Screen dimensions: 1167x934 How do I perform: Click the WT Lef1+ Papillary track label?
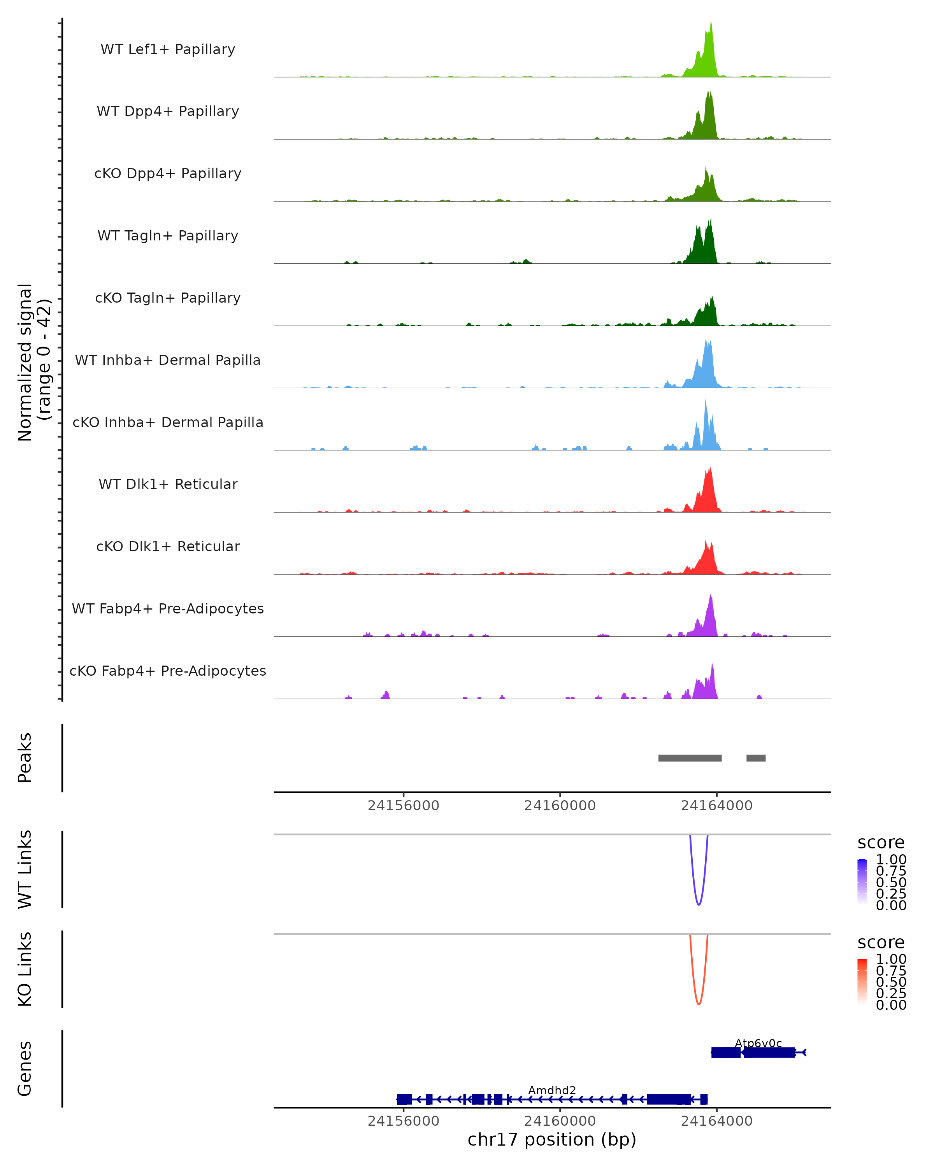(168, 49)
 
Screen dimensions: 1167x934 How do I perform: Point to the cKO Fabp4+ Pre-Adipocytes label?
(168, 671)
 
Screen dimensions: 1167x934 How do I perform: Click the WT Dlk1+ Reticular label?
(168, 484)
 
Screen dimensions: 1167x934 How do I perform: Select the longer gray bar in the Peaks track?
(690, 758)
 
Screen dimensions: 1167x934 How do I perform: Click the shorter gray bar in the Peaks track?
(756, 758)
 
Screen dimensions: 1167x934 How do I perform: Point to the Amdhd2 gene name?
(552, 1090)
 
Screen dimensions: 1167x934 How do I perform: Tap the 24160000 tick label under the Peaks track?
(560, 806)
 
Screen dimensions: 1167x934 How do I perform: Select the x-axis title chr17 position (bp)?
(552, 1139)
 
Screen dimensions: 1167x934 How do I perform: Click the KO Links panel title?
(25, 969)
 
